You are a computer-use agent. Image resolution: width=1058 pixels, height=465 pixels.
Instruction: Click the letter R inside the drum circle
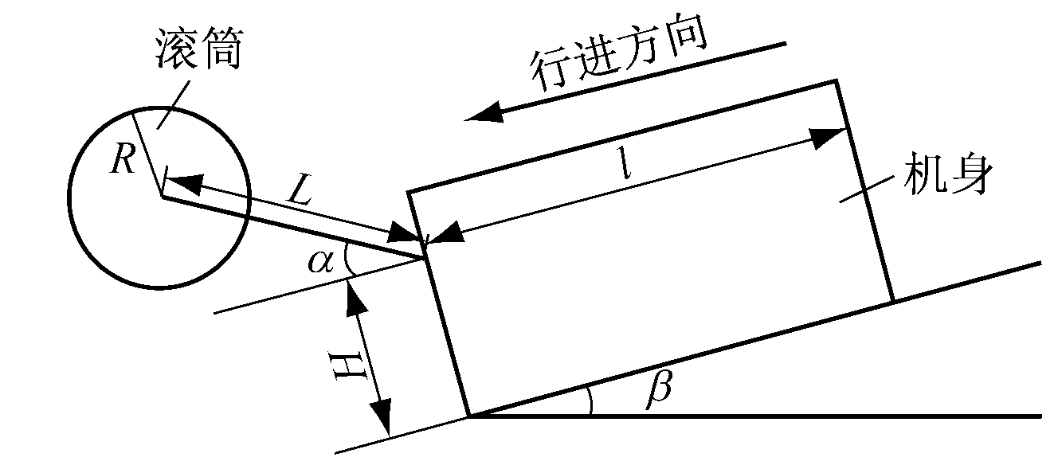click(x=123, y=158)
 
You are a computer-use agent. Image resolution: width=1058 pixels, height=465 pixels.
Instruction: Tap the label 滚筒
click(x=199, y=49)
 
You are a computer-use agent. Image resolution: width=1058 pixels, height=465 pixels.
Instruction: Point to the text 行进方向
click(x=620, y=54)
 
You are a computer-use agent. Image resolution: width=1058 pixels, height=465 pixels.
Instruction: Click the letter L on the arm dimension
click(x=300, y=191)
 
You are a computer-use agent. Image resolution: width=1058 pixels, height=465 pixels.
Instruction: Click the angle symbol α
click(x=321, y=262)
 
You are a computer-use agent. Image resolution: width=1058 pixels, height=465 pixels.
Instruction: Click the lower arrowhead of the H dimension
click(x=382, y=418)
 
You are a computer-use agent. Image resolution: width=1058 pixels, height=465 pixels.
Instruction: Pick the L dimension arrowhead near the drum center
click(x=183, y=182)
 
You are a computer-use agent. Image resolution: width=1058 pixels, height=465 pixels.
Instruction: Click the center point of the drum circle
click(x=162, y=196)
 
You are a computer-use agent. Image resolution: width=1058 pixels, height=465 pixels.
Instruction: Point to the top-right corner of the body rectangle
click(x=836, y=81)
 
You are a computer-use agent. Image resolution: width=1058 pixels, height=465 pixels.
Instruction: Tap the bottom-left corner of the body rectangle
click(x=468, y=416)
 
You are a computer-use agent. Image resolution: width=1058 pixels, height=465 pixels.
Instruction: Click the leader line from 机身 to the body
click(x=866, y=190)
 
